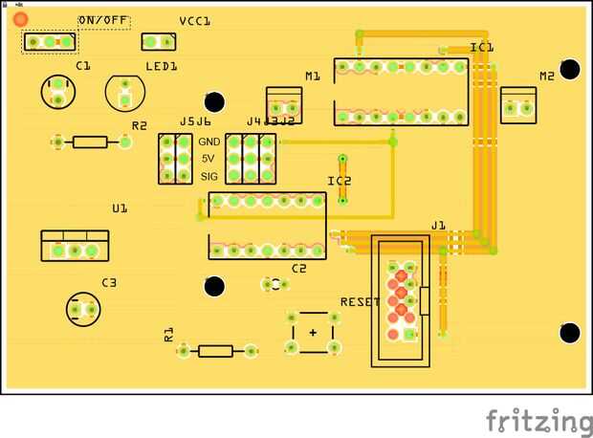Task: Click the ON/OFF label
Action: [103, 21]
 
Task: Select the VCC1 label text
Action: [194, 21]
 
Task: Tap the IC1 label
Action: [482, 47]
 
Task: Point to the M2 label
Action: [546, 76]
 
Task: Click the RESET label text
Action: [360, 302]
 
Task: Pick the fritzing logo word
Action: [538, 421]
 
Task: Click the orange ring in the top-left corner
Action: [20, 18]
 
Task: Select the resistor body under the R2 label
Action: [91, 142]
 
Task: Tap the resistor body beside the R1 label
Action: [215, 351]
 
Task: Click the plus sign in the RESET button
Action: [313, 332]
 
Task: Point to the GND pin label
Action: [209, 142]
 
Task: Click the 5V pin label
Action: [209, 159]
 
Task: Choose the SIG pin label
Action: [209, 177]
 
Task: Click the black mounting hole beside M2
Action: [570, 69]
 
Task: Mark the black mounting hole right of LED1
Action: [215, 102]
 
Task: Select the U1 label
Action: [120, 208]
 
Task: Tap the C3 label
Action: [109, 283]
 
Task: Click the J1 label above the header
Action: [438, 226]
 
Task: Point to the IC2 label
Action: [340, 181]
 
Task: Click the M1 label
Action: [313, 76]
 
